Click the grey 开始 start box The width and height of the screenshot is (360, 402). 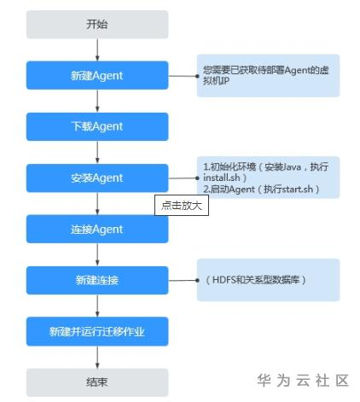pos(97,25)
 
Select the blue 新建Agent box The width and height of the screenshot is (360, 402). pos(97,75)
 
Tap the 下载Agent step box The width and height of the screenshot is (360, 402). pos(97,126)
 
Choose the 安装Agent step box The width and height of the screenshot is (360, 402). pos(97,178)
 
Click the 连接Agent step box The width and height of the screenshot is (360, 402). pos(97,229)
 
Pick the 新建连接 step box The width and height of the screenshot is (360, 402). pos(97,280)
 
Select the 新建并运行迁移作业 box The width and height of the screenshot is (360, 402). pos(97,331)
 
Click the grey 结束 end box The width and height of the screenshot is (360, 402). pos(97,382)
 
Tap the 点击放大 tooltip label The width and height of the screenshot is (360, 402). pos(182,205)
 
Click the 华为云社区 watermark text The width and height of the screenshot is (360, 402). pos(303,381)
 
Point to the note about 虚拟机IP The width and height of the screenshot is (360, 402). pos(268,76)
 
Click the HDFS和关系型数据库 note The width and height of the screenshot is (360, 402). pos(268,280)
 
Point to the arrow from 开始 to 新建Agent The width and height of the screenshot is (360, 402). pos(97,50)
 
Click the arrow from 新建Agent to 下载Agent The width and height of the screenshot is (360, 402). pos(97,101)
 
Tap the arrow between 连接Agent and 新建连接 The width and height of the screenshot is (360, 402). pos(97,254)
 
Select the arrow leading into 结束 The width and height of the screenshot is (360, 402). pos(97,357)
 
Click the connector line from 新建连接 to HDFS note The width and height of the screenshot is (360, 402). pos(183,281)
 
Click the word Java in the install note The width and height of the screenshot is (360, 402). pos(291,166)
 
